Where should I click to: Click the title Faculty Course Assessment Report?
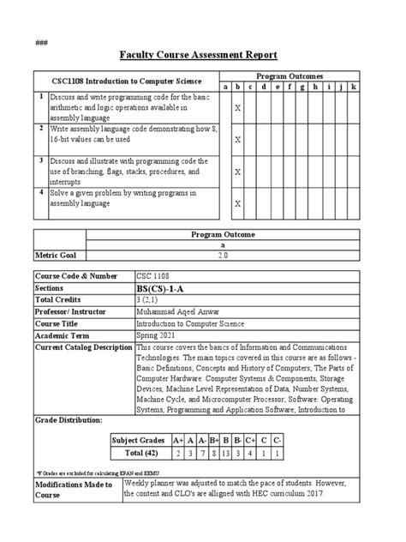pyautogui.click(x=203, y=55)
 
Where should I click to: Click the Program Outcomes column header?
pyautogui.click(x=291, y=75)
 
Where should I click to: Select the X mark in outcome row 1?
pyautogui.click(x=237, y=108)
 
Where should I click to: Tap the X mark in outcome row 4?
pyautogui.click(x=237, y=204)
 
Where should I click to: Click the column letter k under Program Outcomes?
pyautogui.click(x=354, y=87)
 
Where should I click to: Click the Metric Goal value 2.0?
pyautogui.click(x=248, y=255)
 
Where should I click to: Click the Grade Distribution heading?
pyautogui.click(x=68, y=420)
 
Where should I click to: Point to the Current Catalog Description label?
pyautogui.click(x=83, y=347)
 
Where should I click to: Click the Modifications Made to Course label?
pyautogui.click(x=73, y=490)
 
